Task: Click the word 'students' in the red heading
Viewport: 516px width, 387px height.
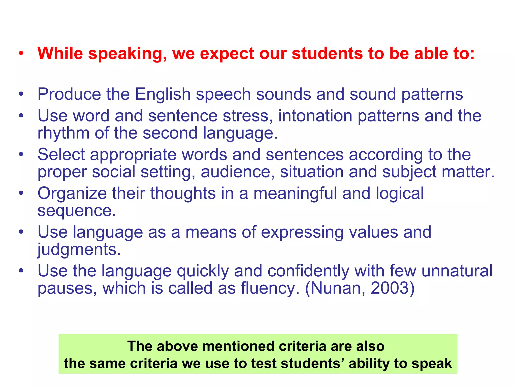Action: click(328, 54)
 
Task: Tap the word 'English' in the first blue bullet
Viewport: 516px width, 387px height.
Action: click(163, 94)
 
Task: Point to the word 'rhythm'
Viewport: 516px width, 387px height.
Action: click(63, 133)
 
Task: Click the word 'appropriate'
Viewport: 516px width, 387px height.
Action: click(133, 155)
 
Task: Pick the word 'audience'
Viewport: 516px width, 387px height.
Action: click(238, 172)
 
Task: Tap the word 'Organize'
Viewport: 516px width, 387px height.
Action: click(72, 193)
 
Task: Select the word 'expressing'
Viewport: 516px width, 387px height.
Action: click(302, 232)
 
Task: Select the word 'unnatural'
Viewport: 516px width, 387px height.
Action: click(457, 271)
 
